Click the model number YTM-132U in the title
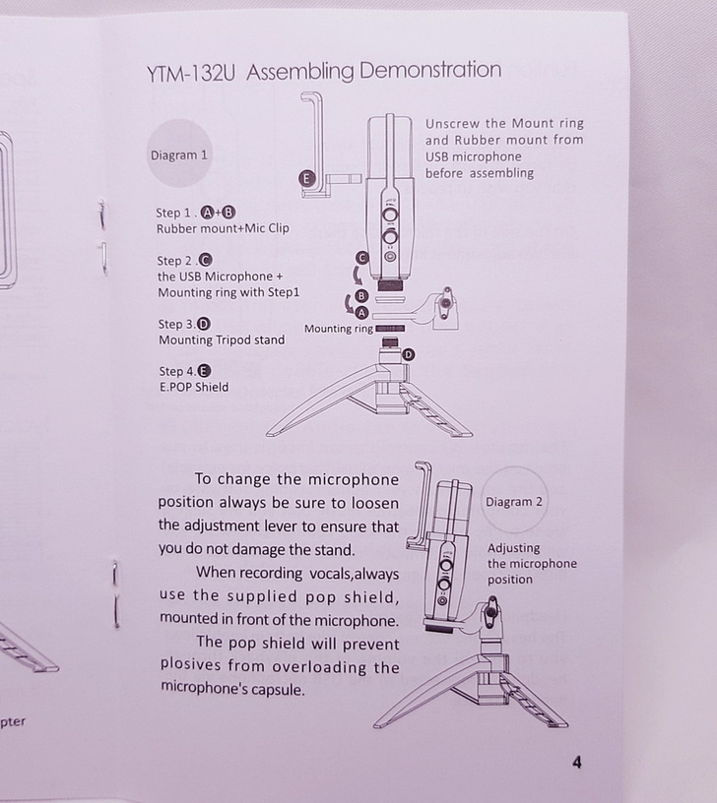[x=190, y=74]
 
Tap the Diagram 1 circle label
[x=179, y=154]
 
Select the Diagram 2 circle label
[x=513, y=501]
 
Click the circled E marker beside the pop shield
[x=306, y=179]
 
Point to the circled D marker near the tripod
[x=409, y=355]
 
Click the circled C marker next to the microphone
[x=362, y=258]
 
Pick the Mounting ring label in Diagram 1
[x=338, y=329]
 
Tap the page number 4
[x=576, y=763]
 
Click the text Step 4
[x=177, y=371]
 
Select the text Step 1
[x=174, y=213]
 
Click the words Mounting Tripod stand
[x=222, y=340]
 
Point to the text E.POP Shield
[x=194, y=387]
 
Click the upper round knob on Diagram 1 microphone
[x=391, y=215]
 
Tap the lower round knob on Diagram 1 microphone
[x=390, y=237]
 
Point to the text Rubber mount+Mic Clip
[x=223, y=228]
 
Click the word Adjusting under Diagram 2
[x=513, y=548]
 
